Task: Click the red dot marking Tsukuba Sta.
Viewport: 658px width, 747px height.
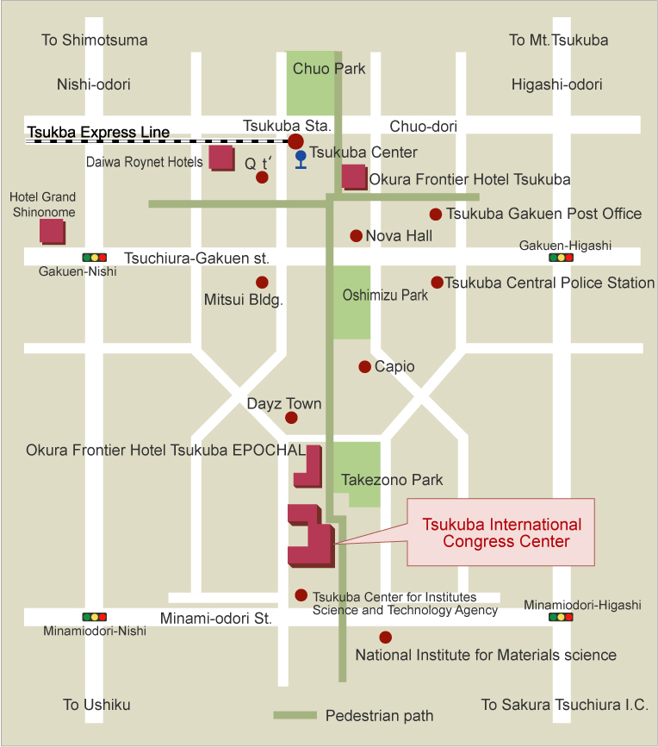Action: point(295,141)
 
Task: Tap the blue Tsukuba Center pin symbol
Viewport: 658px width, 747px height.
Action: point(301,159)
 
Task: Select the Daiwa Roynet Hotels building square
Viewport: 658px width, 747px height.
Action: point(221,158)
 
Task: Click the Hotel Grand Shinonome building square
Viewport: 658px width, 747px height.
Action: point(52,231)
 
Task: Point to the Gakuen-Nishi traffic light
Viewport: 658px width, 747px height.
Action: point(94,257)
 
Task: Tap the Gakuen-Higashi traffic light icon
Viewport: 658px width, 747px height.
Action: point(562,257)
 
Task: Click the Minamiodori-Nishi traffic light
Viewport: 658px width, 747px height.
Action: point(94,617)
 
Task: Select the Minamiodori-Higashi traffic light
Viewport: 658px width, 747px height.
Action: point(562,617)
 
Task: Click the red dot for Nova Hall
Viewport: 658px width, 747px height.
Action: point(356,235)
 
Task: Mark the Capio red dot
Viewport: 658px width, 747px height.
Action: point(365,367)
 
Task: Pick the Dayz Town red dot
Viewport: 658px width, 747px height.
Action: point(291,418)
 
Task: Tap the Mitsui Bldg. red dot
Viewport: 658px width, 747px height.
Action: point(262,283)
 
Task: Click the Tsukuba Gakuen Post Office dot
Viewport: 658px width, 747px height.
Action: point(436,215)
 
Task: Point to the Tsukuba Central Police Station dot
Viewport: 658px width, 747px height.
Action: point(437,283)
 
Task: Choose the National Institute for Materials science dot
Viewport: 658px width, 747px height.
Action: point(385,638)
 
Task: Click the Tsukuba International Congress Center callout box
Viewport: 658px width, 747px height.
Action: point(500,532)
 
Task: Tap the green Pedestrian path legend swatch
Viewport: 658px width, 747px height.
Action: point(294,715)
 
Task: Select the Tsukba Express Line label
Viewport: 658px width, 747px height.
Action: point(98,133)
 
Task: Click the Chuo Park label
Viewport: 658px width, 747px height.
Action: point(329,69)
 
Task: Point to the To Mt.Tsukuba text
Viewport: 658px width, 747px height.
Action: point(558,40)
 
